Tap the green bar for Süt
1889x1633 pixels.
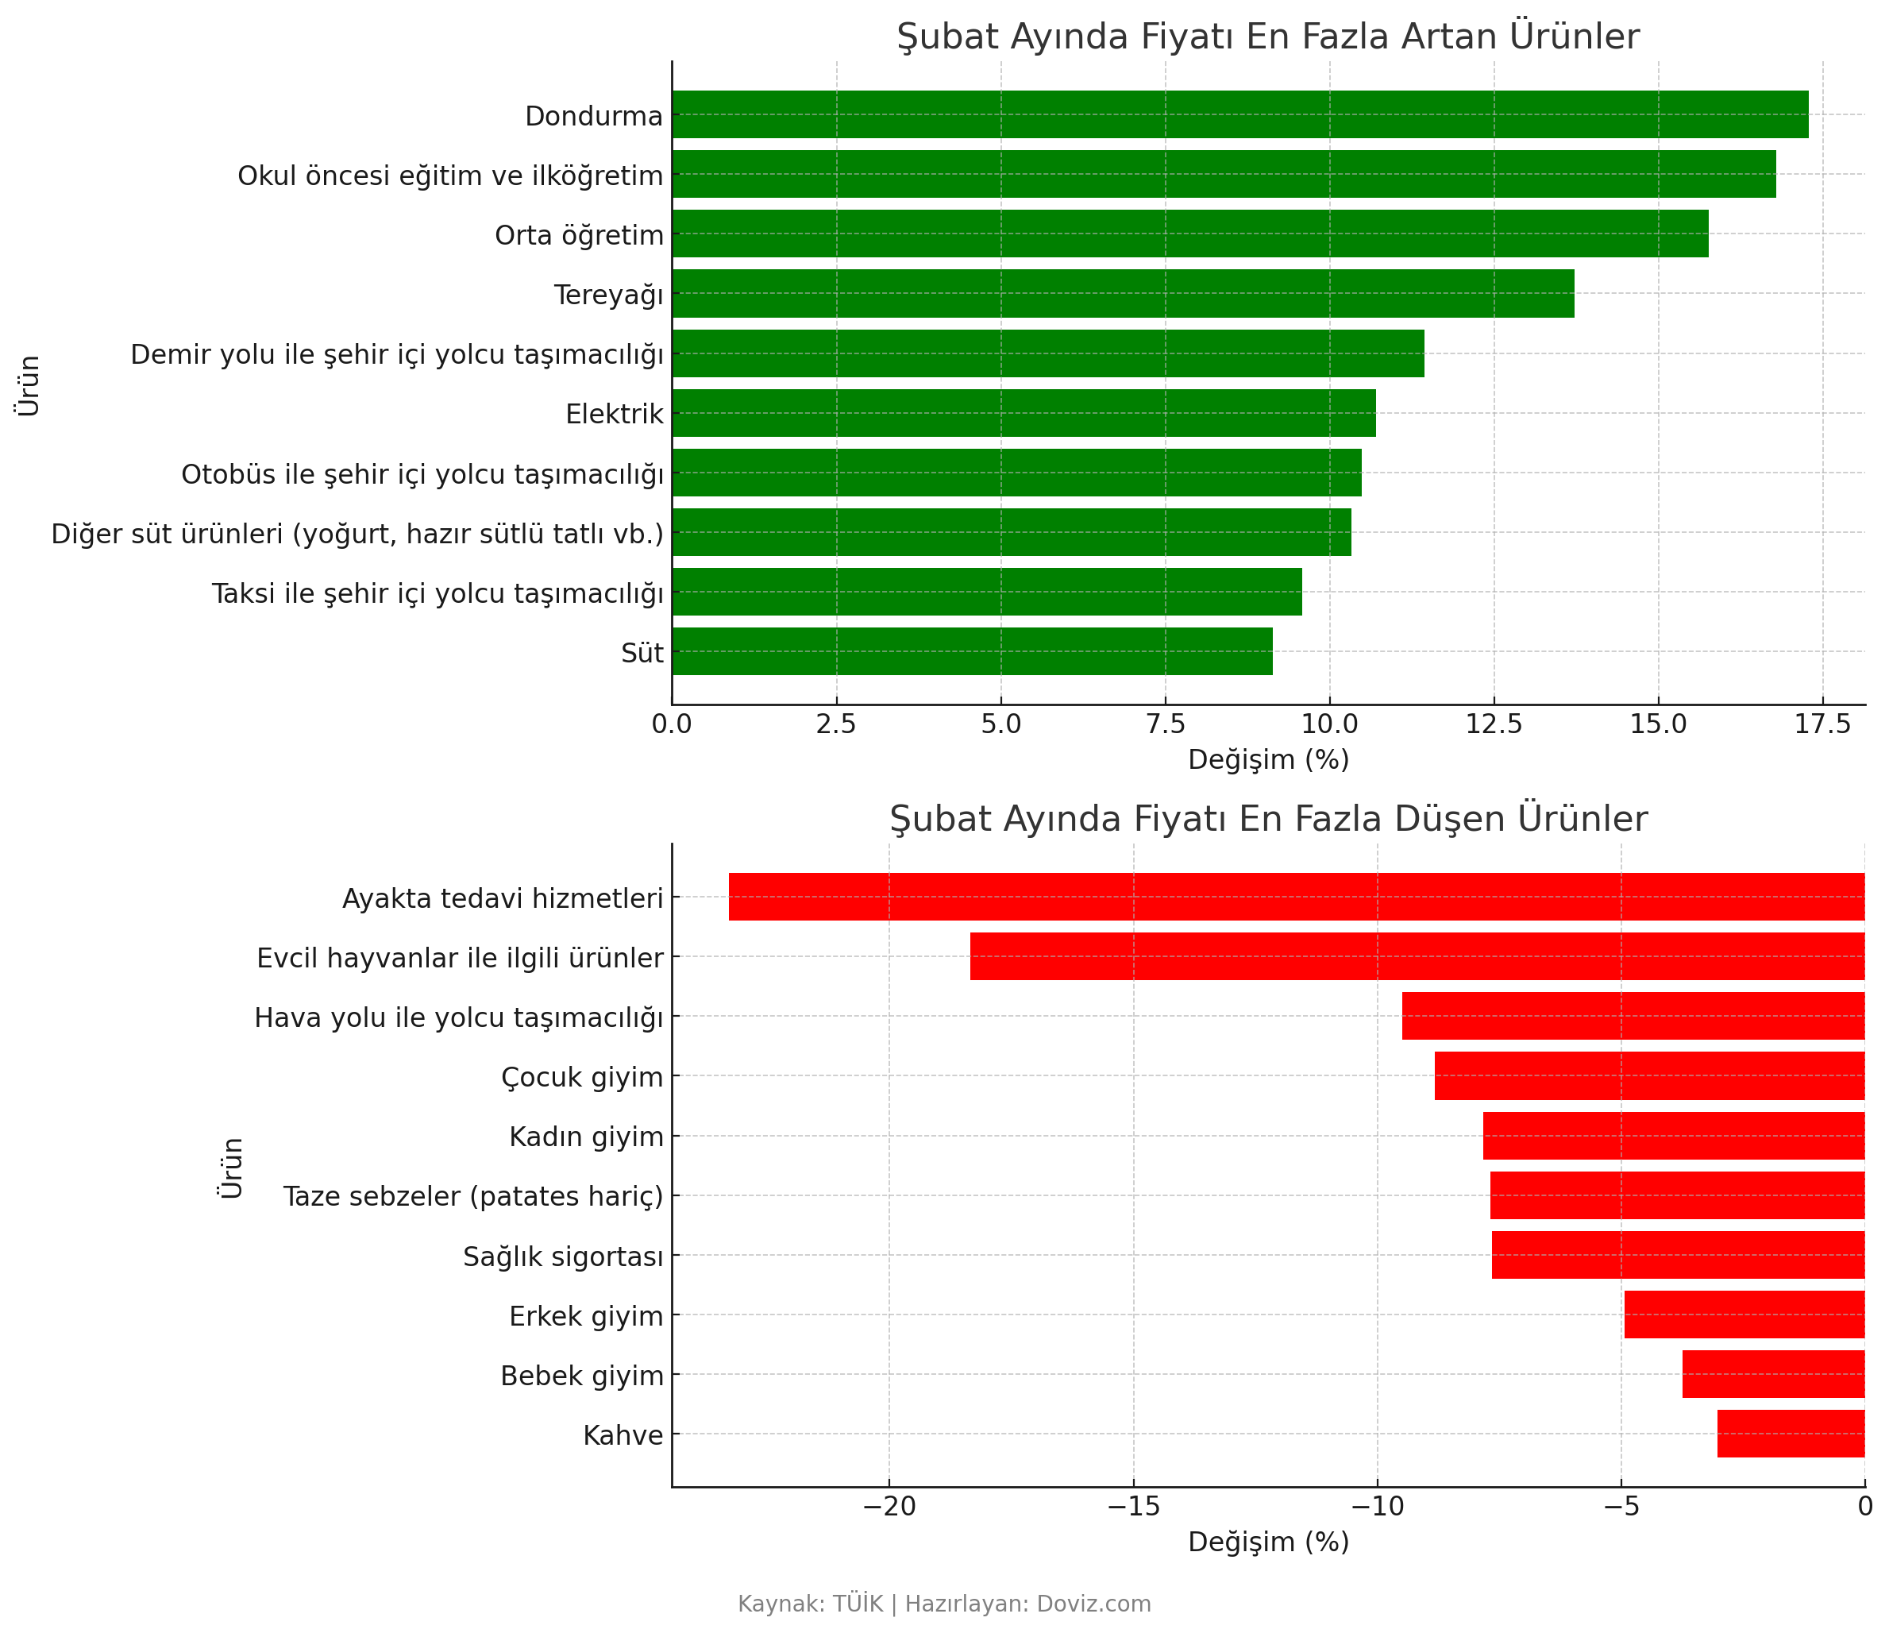[x=972, y=651]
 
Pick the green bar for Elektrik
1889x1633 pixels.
[x=1023, y=413]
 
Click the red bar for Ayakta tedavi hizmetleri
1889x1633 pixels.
[x=1297, y=896]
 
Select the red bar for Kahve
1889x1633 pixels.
[x=1791, y=1434]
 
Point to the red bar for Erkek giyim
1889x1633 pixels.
[x=1744, y=1314]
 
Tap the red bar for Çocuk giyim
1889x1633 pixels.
[x=1649, y=1076]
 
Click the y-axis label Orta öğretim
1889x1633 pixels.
[x=579, y=235]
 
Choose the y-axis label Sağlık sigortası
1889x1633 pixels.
[x=562, y=1257]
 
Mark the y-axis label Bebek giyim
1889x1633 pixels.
[x=582, y=1375]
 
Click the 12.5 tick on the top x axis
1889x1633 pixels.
[x=1494, y=724]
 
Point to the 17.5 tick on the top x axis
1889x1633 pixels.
[x=1822, y=724]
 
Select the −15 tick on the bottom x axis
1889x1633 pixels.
[x=1132, y=1506]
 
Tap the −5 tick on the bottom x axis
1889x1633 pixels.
[x=1621, y=1506]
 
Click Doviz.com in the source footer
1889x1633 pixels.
[x=1093, y=1603]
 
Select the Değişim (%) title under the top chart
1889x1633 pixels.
[x=1268, y=759]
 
